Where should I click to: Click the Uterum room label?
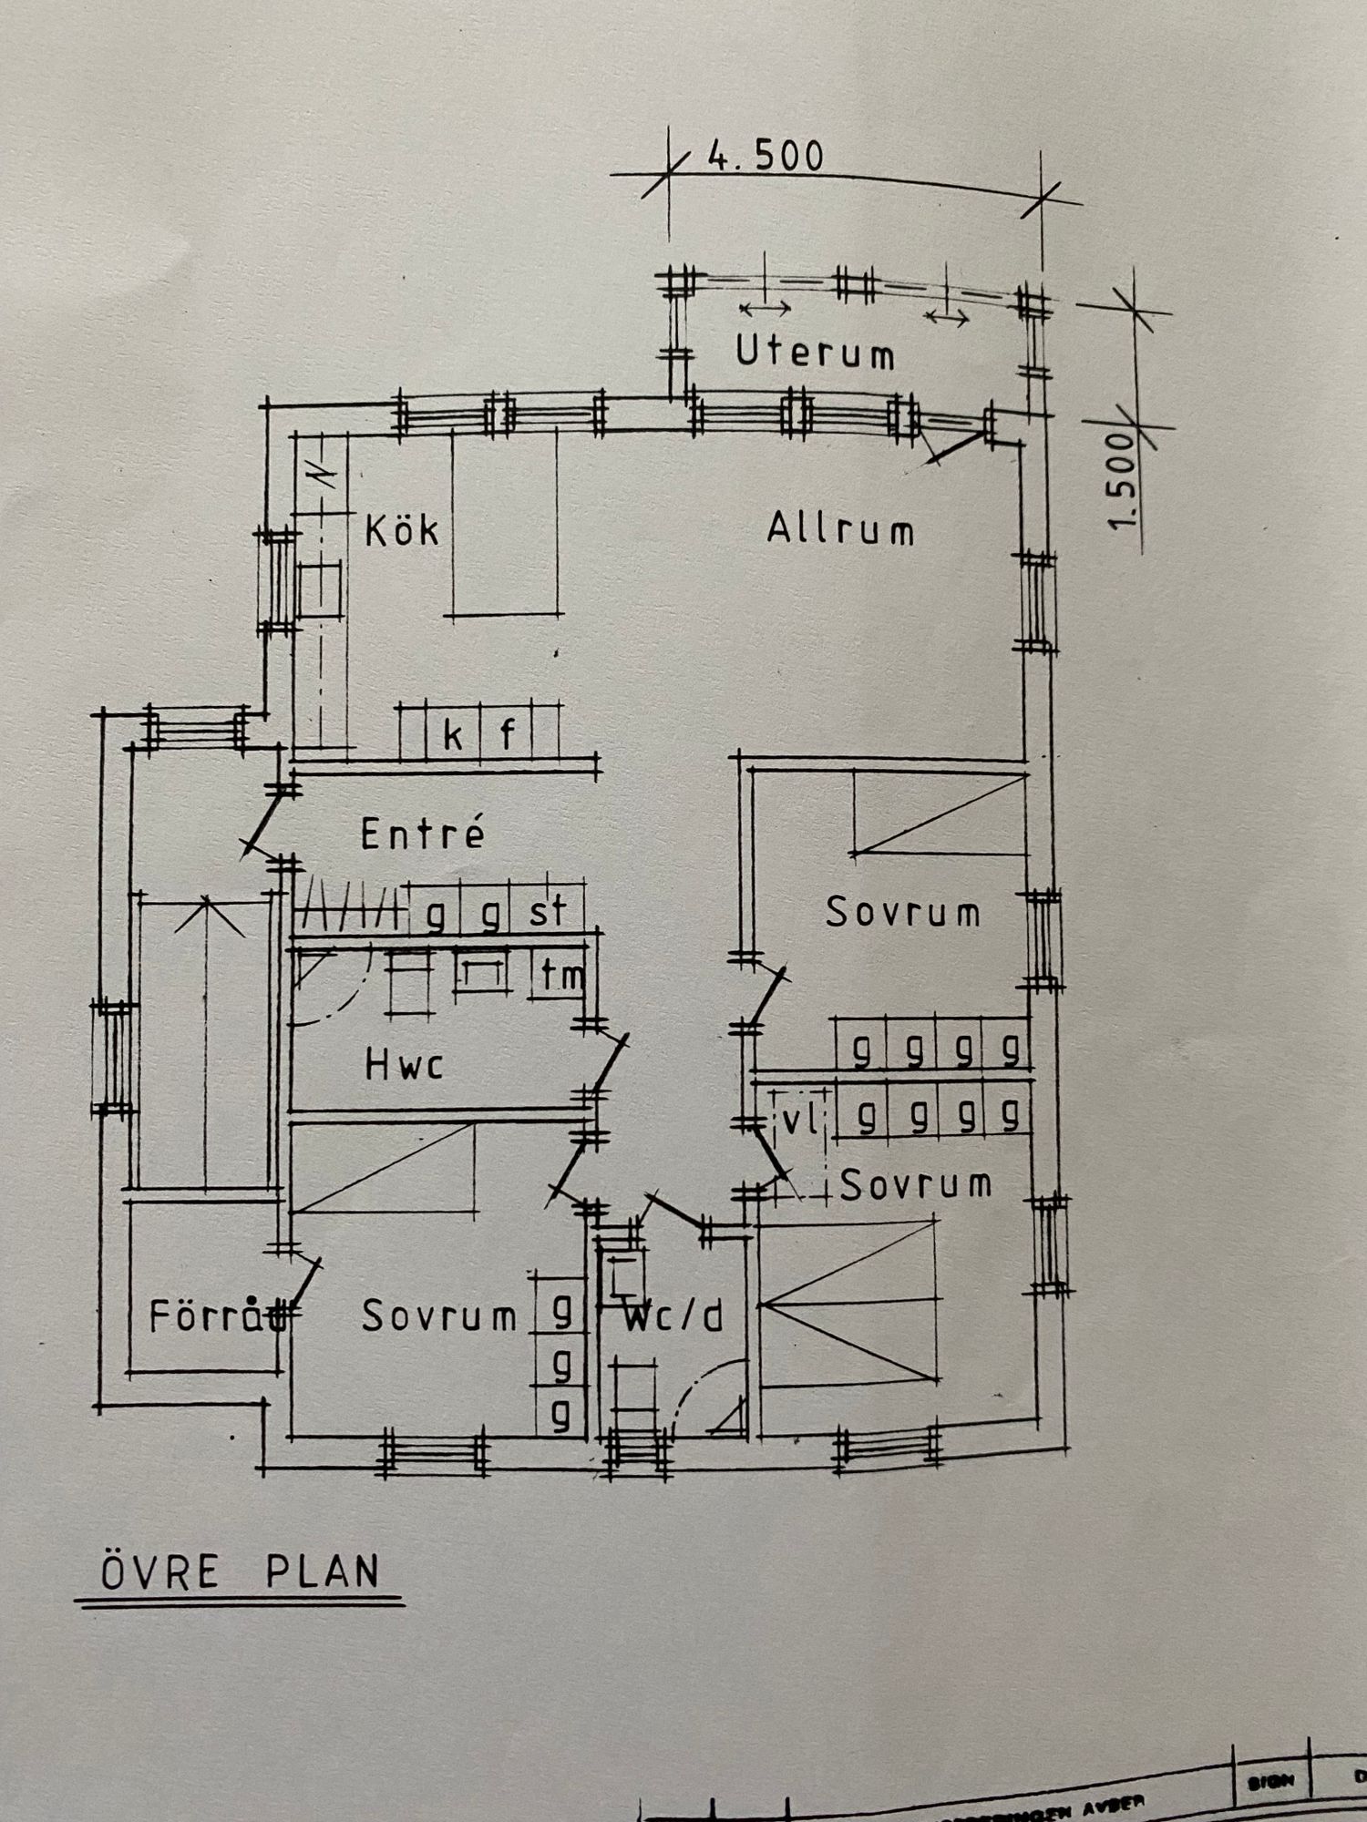point(815,353)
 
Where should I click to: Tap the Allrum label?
point(840,528)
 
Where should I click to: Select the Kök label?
point(401,529)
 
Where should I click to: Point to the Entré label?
point(422,834)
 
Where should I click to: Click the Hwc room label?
point(404,1064)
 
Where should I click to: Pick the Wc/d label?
point(674,1316)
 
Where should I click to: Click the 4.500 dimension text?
point(766,157)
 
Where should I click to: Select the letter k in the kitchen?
point(452,734)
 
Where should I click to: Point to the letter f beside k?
point(508,732)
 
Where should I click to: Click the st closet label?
point(548,911)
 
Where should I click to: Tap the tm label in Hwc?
point(561,976)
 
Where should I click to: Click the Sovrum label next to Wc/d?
point(439,1315)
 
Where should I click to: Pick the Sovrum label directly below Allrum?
point(902,912)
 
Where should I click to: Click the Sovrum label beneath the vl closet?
point(915,1184)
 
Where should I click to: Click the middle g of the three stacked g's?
point(562,1364)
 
